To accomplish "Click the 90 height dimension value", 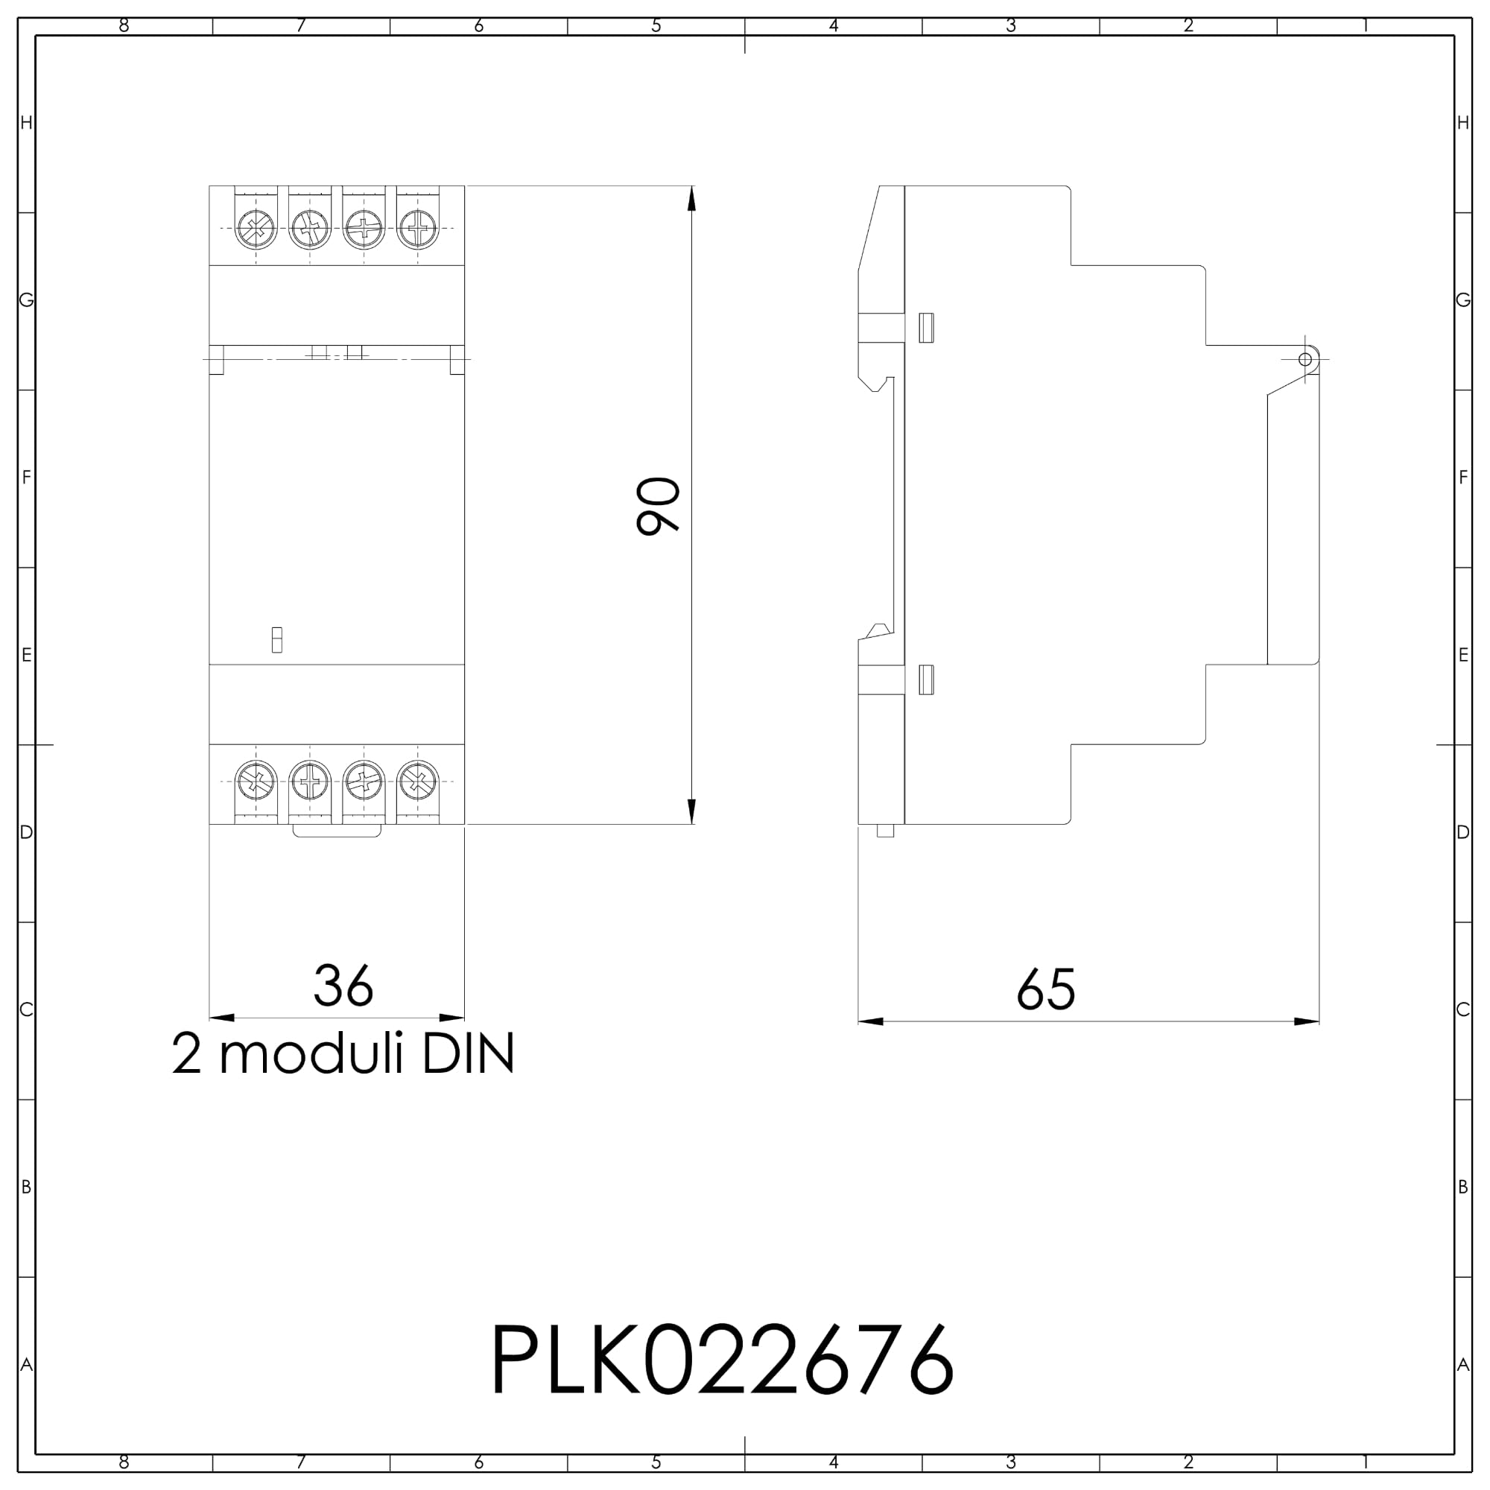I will point(658,506).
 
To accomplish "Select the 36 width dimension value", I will point(343,986).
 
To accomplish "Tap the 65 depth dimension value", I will point(1046,990).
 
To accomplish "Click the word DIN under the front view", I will point(468,1054).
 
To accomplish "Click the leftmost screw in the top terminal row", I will point(256,228).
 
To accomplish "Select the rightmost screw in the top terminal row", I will point(418,228).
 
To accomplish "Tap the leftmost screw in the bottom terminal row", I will point(256,782).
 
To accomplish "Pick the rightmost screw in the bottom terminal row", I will point(418,782).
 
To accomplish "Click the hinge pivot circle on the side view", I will point(1305,359).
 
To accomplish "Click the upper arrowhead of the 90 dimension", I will point(692,198).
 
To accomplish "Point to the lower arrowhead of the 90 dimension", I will point(692,811).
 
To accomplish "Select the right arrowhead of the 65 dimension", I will point(1307,1022).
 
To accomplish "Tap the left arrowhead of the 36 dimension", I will point(222,1018).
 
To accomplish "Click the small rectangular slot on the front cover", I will point(277,640).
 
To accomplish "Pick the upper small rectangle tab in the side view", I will point(926,328).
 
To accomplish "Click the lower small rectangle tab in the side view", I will point(926,679).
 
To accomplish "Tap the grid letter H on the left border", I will point(26,124).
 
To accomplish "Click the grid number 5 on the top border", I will point(656,26).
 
